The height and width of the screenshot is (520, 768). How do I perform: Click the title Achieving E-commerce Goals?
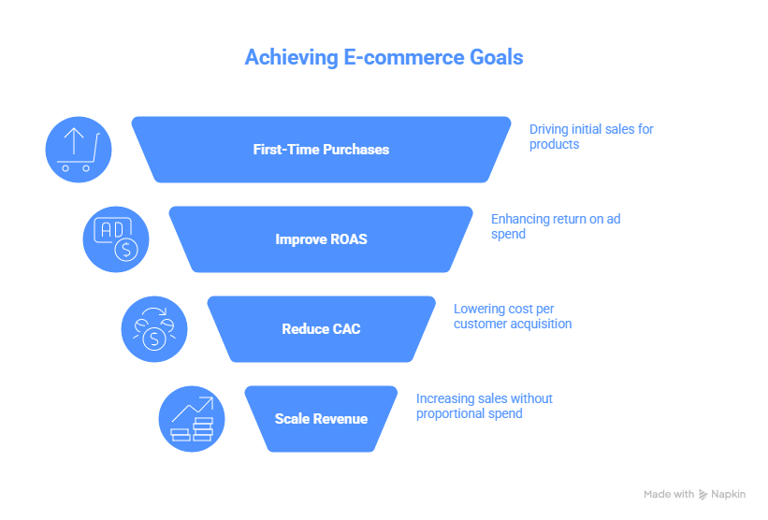[384, 57]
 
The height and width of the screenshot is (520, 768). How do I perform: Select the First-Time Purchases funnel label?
[321, 150]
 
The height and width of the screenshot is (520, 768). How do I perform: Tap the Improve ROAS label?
[321, 239]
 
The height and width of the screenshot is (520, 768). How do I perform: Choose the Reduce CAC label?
[321, 329]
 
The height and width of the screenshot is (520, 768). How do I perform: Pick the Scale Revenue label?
[321, 419]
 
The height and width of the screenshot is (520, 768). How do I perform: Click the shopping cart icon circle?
[79, 150]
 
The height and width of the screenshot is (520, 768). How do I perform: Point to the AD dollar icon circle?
[116, 239]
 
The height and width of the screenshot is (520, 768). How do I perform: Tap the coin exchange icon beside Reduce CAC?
[154, 329]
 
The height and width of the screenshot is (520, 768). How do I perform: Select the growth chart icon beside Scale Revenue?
[192, 419]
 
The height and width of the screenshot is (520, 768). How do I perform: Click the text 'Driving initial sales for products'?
[590, 137]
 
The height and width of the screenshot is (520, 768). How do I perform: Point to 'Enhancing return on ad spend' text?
[555, 226]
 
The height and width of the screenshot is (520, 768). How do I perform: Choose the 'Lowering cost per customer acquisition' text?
[512, 316]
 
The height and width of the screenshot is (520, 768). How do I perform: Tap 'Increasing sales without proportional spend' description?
[484, 406]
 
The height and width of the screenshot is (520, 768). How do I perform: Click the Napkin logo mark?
[703, 495]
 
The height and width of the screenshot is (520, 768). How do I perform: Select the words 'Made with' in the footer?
[669, 494]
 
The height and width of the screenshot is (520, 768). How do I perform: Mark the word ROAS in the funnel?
[347, 239]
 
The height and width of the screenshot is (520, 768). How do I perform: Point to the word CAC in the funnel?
[346, 329]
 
